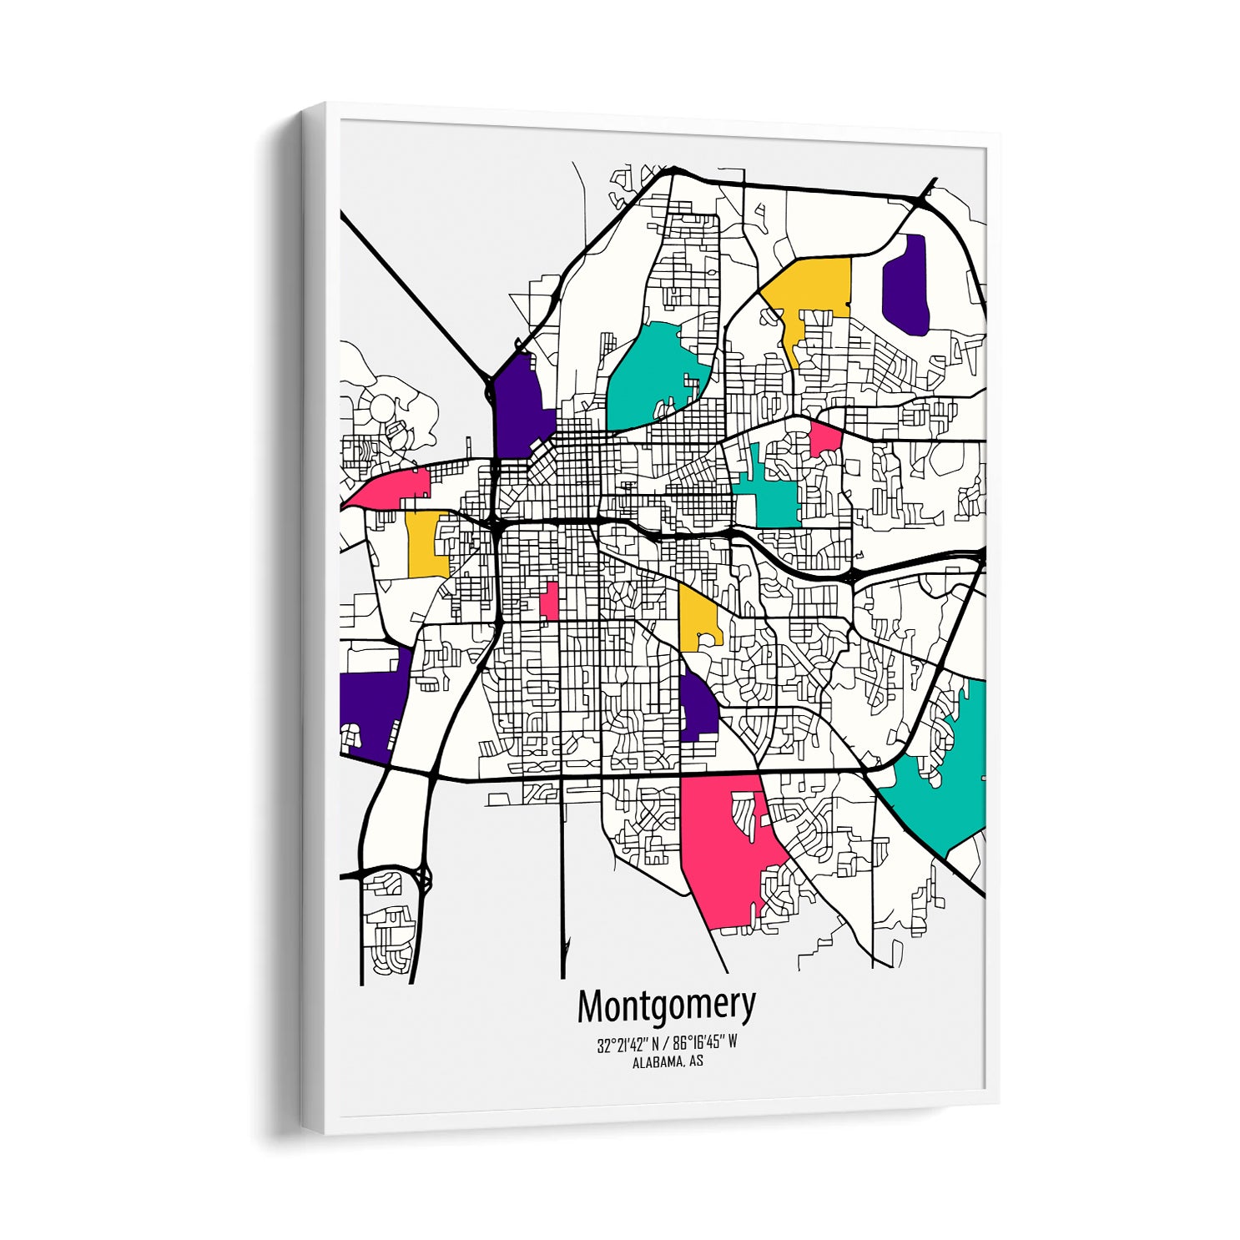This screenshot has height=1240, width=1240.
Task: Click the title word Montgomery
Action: coord(666,1006)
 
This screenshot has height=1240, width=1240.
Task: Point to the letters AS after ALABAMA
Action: coord(695,1062)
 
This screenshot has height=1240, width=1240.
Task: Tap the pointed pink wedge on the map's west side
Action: coord(392,488)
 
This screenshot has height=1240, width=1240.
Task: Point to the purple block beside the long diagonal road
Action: coord(517,405)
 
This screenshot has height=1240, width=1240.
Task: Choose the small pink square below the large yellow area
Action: coord(825,439)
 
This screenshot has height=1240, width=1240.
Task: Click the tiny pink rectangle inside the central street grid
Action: coord(549,601)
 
